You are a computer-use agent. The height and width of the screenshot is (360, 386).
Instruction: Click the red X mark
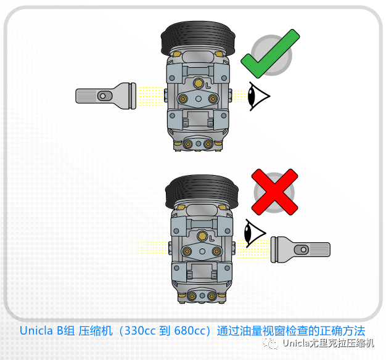click(x=274, y=192)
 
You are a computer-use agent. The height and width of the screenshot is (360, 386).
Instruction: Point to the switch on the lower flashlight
click(x=302, y=248)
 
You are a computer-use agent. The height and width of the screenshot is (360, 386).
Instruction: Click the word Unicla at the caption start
click(x=36, y=330)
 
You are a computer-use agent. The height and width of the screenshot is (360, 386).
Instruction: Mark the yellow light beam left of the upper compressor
click(x=151, y=96)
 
